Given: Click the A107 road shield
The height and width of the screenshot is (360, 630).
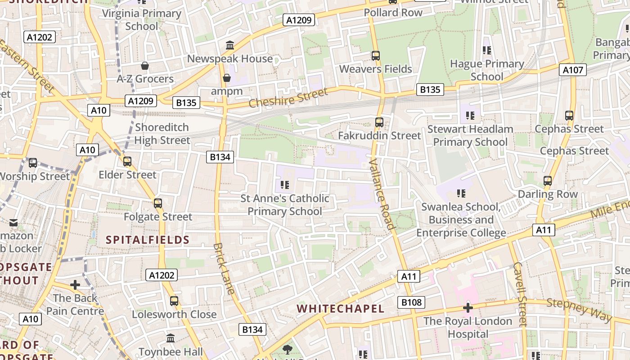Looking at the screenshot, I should pos(573,70).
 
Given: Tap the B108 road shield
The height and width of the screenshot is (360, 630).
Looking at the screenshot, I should pos(411,302).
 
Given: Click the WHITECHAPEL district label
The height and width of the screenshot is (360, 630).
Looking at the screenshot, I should pos(341,309).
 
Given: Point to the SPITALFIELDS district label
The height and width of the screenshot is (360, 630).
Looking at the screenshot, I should pos(148,240).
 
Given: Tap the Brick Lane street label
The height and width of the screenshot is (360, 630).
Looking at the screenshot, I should pos(224,269).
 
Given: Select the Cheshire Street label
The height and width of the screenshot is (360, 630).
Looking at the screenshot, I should pos(288,98).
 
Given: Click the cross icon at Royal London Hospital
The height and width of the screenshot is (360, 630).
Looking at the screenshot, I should pos(468,308).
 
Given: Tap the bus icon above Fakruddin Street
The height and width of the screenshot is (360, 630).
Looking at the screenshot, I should pos(379,122).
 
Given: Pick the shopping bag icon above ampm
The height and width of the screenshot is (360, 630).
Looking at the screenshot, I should pos(227,78).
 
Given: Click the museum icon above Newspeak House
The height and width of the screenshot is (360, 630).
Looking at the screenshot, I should pos(230,45).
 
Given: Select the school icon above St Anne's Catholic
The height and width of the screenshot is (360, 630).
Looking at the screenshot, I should pos(284,184).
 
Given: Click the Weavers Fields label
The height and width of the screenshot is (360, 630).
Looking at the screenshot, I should pos(375,69).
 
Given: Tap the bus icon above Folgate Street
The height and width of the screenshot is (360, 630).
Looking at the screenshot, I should pos(157,203).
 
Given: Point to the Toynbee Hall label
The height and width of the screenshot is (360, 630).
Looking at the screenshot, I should pos(171,351).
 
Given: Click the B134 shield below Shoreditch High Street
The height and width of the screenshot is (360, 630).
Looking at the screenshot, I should pos(220,157).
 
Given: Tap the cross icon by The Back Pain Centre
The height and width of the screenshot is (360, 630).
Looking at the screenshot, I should pos(75,285).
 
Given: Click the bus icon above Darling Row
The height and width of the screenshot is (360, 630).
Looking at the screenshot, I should pos(548,181).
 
